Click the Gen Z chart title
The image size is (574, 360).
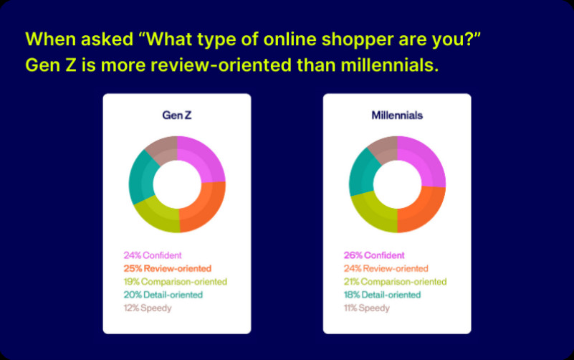177,115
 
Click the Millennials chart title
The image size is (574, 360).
397,115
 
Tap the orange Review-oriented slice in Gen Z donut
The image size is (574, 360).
205,208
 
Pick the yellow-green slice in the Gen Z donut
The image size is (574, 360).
156,216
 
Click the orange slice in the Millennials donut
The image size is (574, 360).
424,210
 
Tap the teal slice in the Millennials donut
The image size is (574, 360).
360,172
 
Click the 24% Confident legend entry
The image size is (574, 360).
153,255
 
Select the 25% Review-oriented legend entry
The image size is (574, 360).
167,268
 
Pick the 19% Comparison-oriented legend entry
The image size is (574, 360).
176,282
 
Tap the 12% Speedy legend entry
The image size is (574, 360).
148,308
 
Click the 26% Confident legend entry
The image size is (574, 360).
374,255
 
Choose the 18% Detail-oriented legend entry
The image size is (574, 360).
382,295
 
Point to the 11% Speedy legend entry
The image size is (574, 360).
366,308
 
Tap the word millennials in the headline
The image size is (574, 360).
390,65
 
